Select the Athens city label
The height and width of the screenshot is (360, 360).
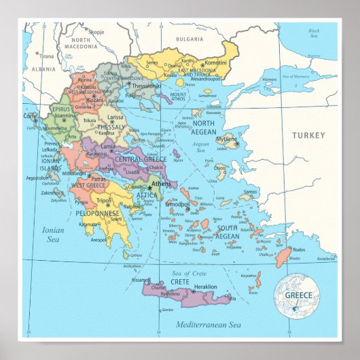162,183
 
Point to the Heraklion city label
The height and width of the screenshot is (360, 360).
205,287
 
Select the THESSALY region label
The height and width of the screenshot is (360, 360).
111,127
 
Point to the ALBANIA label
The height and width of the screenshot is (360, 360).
43,69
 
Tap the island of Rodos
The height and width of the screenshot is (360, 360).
283,257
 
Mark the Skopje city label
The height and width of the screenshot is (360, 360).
96,31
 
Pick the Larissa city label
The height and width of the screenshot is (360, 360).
115,117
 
